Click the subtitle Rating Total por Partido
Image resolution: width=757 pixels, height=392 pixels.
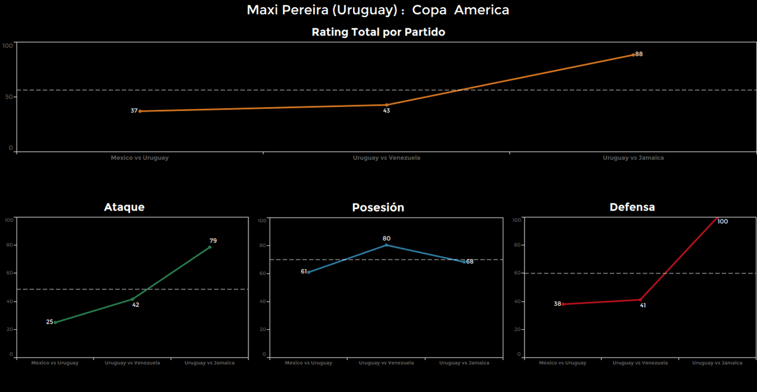click(378, 33)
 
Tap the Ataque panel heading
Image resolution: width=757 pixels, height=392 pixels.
click(124, 207)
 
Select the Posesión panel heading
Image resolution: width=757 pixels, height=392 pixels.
click(378, 208)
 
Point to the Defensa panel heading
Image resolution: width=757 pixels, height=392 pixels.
click(632, 207)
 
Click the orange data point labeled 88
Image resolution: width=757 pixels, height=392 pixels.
click(633, 54)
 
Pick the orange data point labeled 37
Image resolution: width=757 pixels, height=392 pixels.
click(140, 111)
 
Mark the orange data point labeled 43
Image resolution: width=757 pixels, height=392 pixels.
click(387, 105)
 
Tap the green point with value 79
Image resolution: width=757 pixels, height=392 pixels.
click(209, 247)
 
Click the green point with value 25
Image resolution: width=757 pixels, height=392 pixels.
click(55, 322)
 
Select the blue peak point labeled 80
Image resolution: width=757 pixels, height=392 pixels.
click(386, 245)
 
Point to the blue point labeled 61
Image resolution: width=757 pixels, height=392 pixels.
click(309, 272)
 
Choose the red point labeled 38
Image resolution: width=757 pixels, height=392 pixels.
click(562, 304)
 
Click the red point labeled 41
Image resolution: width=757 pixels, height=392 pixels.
click(640, 300)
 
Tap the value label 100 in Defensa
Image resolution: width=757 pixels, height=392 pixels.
click(722, 222)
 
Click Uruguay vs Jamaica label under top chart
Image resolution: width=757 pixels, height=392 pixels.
click(633, 158)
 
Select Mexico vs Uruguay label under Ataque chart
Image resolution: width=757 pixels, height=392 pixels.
click(55, 362)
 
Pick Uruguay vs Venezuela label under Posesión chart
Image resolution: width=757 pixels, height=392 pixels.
click(386, 362)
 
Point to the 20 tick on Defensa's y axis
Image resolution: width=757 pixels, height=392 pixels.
click(517, 329)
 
